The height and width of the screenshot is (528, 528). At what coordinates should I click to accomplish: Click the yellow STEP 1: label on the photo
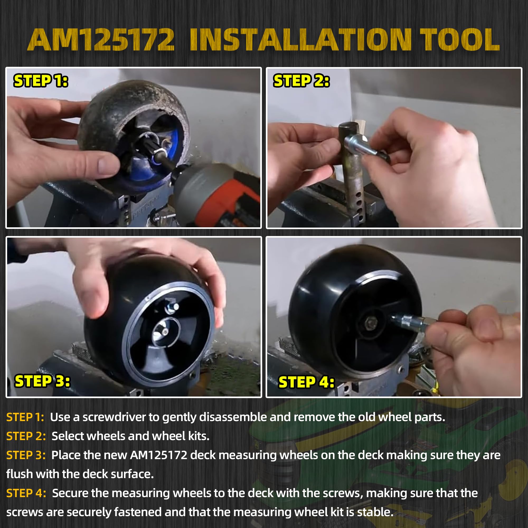click(x=41, y=81)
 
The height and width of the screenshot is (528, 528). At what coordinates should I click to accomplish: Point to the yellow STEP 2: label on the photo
click(x=301, y=81)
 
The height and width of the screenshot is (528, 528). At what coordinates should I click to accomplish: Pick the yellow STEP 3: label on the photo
click(x=42, y=381)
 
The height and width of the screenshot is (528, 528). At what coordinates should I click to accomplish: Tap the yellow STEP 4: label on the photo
click(x=306, y=382)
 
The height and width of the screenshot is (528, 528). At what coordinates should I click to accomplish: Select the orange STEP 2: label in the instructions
click(x=26, y=436)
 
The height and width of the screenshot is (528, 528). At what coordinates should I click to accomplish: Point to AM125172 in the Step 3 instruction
click(x=158, y=455)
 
